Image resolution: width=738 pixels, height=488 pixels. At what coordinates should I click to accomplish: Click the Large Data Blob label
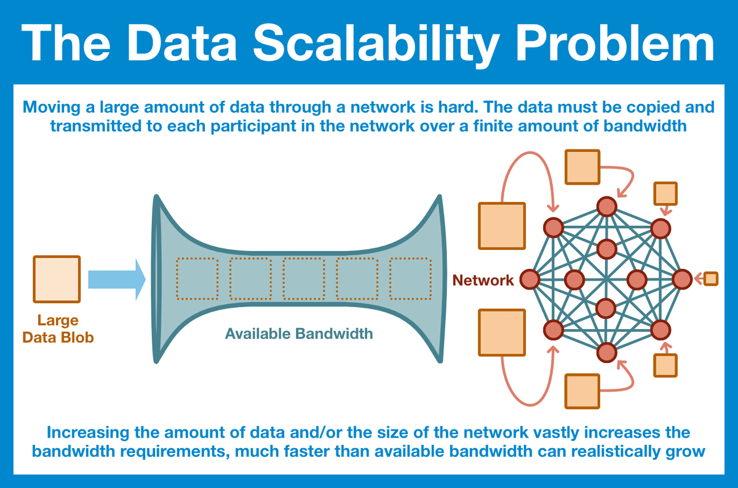pyautogui.click(x=58, y=329)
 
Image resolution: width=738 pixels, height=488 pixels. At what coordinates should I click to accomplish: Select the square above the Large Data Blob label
pyautogui.click(x=57, y=279)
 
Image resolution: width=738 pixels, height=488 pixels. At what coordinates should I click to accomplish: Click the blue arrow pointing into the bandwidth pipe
pyautogui.click(x=116, y=280)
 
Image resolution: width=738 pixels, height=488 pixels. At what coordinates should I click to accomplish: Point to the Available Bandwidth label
pyautogui.click(x=299, y=334)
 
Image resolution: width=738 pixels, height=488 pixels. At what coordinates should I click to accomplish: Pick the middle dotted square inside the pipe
pyautogui.click(x=303, y=279)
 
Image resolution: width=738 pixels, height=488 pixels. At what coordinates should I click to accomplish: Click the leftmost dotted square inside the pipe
pyautogui.click(x=197, y=279)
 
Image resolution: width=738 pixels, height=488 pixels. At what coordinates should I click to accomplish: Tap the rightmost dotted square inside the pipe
pyautogui.click(x=410, y=279)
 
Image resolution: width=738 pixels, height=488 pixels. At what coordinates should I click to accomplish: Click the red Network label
pyautogui.click(x=483, y=281)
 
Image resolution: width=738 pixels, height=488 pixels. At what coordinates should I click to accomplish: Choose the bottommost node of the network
pyautogui.click(x=606, y=352)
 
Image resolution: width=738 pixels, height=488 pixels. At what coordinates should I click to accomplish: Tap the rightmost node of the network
pyautogui.click(x=682, y=279)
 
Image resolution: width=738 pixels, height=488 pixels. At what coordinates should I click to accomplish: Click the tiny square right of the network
pyautogui.click(x=711, y=279)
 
